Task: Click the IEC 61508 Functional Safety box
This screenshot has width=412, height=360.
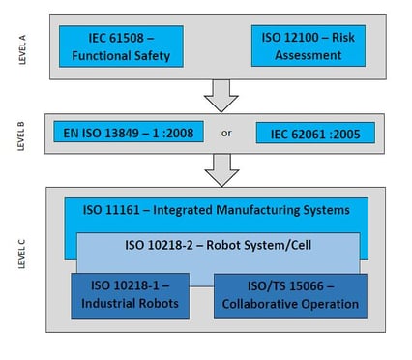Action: (x=119, y=45)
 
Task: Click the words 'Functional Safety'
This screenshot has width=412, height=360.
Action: (x=119, y=56)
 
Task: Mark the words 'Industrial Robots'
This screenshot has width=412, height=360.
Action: (x=131, y=304)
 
